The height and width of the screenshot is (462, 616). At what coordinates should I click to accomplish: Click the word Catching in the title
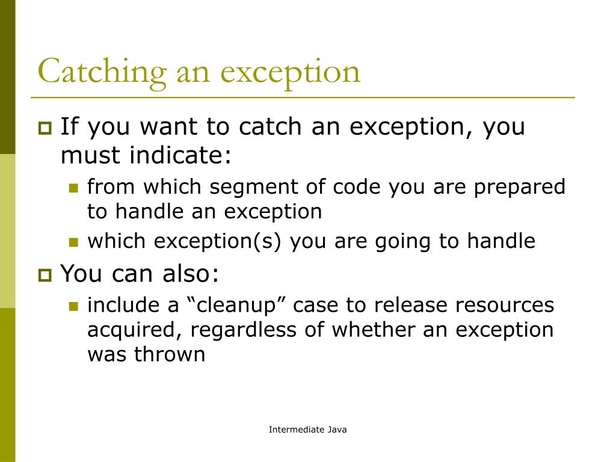click(x=102, y=72)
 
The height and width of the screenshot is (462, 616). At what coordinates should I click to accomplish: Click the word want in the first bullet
click(x=168, y=127)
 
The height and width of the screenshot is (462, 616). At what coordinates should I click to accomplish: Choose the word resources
click(x=504, y=305)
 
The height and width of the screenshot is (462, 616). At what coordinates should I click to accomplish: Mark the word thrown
click(x=170, y=354)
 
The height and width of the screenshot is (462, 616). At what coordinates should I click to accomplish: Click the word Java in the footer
click(x=337, y=430)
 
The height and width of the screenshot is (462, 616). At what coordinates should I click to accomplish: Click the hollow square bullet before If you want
click(x=45, y=128)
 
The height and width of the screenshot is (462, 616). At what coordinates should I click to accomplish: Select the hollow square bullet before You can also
click(x=45, y=276)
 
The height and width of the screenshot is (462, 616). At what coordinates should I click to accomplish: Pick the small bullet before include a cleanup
click(x=74, y=306)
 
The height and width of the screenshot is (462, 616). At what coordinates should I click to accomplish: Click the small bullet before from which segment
click(x=74, y=188)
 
